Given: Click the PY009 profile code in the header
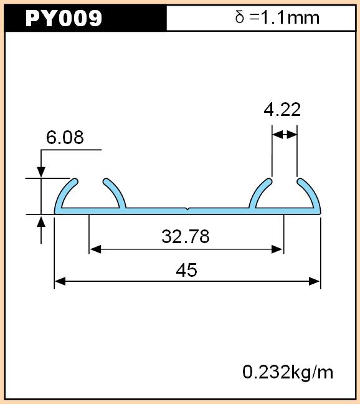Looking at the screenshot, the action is coord(64,18).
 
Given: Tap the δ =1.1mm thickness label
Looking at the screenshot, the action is coord(277,17).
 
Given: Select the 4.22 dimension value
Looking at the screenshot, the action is coord(282,110).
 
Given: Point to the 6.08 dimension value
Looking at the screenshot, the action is coord(65,137).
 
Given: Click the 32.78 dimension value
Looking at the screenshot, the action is coord(186,236).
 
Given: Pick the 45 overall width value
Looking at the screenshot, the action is coord(187,270).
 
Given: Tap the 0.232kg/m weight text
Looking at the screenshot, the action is coord(288,372).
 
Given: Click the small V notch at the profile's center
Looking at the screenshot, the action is coord(187,209).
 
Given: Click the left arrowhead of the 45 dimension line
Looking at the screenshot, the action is coord(60,281).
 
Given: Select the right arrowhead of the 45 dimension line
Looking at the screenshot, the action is coord(314,281).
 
